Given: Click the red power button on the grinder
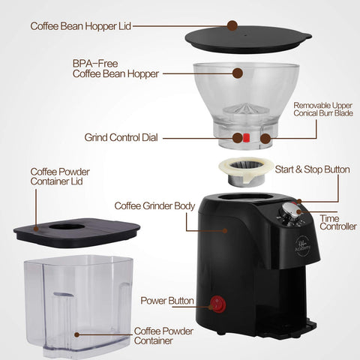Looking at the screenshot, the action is tap(217, 304).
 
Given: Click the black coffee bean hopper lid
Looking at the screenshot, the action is tap(248, 40).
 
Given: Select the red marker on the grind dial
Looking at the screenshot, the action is tap(246, 137).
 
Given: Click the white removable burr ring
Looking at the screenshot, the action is tap(246, 168).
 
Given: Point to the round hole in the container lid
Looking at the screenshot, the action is tap(67, 226).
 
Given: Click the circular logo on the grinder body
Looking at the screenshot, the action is tap(303, 246).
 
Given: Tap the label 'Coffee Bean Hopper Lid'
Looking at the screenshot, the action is tap(80, 26).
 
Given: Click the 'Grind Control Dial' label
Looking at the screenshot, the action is tap(121, 137).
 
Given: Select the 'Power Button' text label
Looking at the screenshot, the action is tap(167, 301).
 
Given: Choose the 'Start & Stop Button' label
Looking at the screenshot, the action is tap(312, 169).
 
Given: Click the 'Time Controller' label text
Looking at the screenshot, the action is tap(337, 222).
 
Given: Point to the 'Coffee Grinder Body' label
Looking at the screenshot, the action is tap(154, 206).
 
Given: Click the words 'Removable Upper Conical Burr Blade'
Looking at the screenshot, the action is tap(323, 109).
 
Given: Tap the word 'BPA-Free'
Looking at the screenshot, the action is tap(95, 64).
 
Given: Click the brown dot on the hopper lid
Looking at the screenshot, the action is tap(232, 25).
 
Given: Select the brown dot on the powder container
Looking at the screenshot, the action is tap(76, 334).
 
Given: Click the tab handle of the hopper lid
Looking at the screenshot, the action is tap(306, 36).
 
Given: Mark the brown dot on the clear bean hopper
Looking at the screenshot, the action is tap(238, 73).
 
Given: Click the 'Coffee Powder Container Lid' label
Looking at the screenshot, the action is tap(60, 176).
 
